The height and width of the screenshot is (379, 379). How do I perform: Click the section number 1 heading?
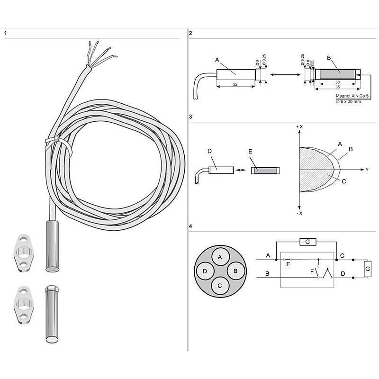click(5, 33)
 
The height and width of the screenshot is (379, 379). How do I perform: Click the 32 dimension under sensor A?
click(235, 84)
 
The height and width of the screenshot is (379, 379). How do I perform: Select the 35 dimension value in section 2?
click(337, 88)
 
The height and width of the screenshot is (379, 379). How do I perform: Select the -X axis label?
click(299, 213)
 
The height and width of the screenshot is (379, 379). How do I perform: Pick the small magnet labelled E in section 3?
click(265, 169)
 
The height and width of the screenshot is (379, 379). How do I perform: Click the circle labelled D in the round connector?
click(205, 271)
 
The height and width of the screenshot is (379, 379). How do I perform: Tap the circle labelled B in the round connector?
click(235, 271)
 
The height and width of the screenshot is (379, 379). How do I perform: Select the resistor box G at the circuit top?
click(307, 243)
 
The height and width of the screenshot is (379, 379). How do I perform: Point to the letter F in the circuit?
click(311, 272)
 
